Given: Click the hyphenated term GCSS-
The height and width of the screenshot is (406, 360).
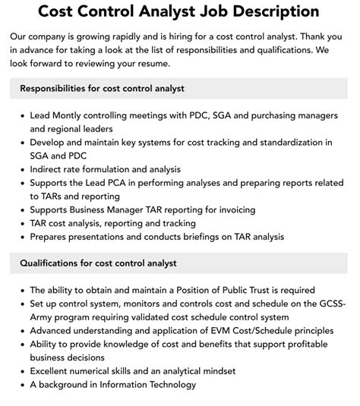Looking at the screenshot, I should tap(331, 304).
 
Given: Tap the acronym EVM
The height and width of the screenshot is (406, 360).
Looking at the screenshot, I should tap(204, 331).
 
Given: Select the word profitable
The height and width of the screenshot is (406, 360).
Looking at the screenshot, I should tap(304, 345).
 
